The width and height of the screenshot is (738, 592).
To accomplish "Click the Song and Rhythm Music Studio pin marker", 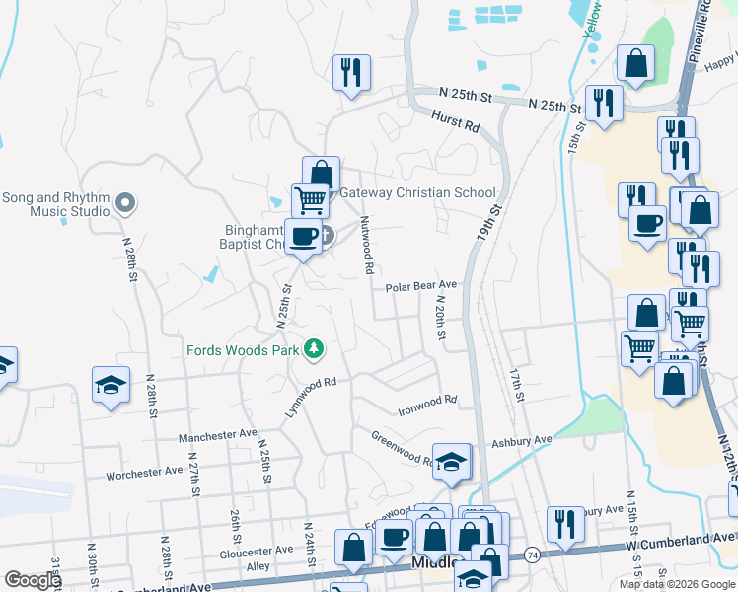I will tap(124, 204).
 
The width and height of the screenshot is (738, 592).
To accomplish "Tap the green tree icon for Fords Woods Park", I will tap(314, 349).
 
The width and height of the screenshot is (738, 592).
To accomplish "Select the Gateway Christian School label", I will tap(417, 192).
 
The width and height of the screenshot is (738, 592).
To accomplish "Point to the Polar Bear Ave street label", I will tap(421, 286).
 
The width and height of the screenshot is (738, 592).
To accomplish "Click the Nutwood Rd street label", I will tap(366, 246).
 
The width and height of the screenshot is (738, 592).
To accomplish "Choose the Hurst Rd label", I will tap(455, 122).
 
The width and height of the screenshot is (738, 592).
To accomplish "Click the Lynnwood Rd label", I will tap(312, 397).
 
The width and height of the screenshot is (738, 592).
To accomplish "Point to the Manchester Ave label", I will tap(217, 435).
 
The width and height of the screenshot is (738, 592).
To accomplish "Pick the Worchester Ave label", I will tap(146, 474).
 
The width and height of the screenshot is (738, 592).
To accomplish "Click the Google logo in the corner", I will tap(32, 580).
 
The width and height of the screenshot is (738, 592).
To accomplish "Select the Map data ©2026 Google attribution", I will tap(677, 584).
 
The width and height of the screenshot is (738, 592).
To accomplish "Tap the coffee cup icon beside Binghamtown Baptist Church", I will tap(303, 237).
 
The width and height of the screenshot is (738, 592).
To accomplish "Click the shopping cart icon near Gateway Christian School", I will tap(310, 200).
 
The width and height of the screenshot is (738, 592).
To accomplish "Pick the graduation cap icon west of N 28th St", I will tap(111, 386).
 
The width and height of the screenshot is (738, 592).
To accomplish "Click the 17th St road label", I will tap(515, 386).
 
